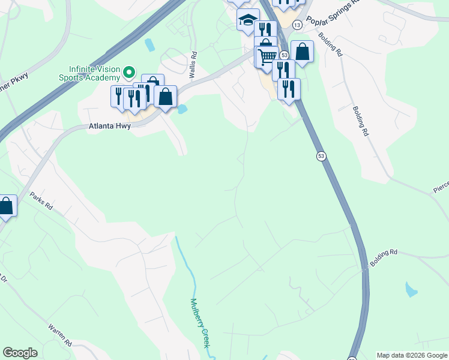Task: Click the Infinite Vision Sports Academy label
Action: tap(90, 73)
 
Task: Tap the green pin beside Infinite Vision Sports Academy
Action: tap(128, 73)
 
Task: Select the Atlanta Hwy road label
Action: tap(110, 127)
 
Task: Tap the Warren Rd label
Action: tap(61, 335)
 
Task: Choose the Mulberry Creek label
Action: tap(200, 324)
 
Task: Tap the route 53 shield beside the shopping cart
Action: tap(284, 55)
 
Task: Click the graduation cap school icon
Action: tap(247, 20)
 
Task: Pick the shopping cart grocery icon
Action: tap(267, 57)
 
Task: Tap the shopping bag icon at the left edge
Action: tap(6, 206)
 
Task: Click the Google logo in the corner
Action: tap(20, 353)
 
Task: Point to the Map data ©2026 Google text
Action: tap(412, 355)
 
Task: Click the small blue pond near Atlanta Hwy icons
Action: tap(181, 109)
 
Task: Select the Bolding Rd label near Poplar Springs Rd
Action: tap(331, 44)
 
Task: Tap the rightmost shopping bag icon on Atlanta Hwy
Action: tap(165, 96)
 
